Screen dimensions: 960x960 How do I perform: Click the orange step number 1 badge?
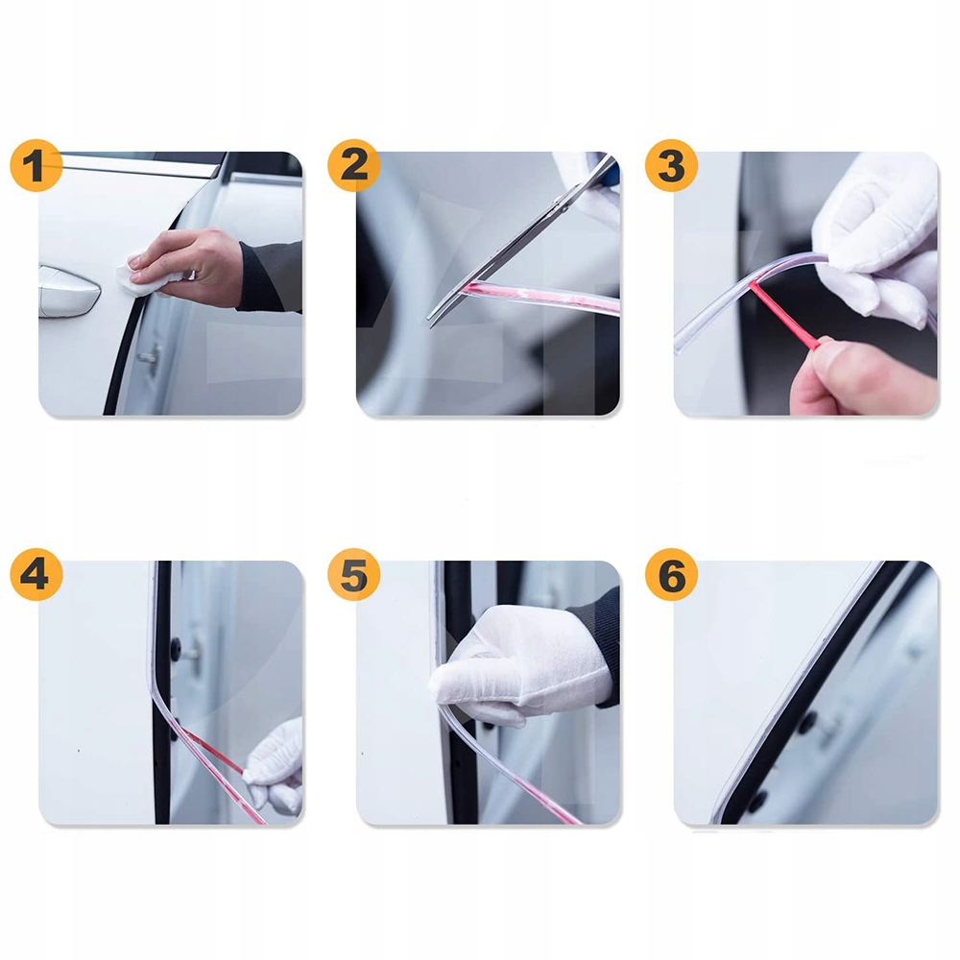(x=36, y=165)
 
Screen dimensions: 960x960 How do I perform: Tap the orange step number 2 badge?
(x=354, y=165)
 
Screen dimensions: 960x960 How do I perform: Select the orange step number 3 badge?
(x=672, y=165)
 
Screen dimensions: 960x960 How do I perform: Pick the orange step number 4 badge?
(x=36, y=574)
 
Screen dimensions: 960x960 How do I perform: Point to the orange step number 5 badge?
(x=354, y=574)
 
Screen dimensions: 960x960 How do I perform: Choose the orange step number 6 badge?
(x=672, y=574)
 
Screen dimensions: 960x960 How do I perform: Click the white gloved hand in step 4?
(x=276, y=768)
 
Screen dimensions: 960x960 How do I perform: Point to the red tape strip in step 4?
(x=214, y=750)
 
